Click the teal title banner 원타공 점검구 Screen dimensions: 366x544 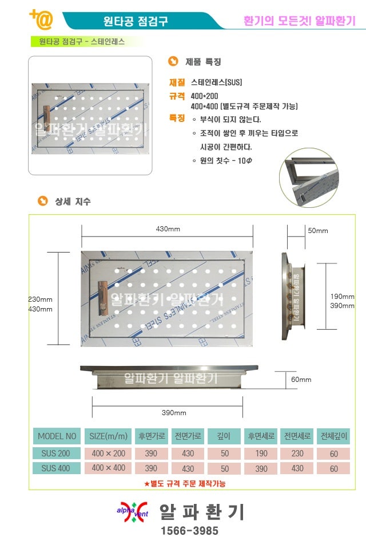(135, 21)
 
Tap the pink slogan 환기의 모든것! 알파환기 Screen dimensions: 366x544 (300, 21)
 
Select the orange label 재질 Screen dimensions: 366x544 (177, 82)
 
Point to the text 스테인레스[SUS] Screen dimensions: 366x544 (216, 82)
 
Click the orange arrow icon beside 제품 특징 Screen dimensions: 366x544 (173, 61)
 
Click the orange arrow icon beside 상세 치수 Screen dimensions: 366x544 (43, 201)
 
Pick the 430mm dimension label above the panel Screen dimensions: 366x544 (168, 229)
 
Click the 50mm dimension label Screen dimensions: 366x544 (318, 231)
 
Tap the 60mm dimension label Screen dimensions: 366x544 (301, 380)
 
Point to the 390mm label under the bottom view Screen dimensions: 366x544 (174, 413)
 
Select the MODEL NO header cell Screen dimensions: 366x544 (57, 436)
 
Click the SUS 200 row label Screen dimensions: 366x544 (55, 454)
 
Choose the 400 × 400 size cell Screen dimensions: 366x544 (109, 468)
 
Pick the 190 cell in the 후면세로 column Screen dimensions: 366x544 (261, 454)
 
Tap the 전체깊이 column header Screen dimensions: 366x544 (334, 436)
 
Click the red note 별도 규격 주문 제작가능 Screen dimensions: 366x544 (185, 483)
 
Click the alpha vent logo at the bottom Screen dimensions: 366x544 (133, 512)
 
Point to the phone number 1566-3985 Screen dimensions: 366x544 (190, 530)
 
